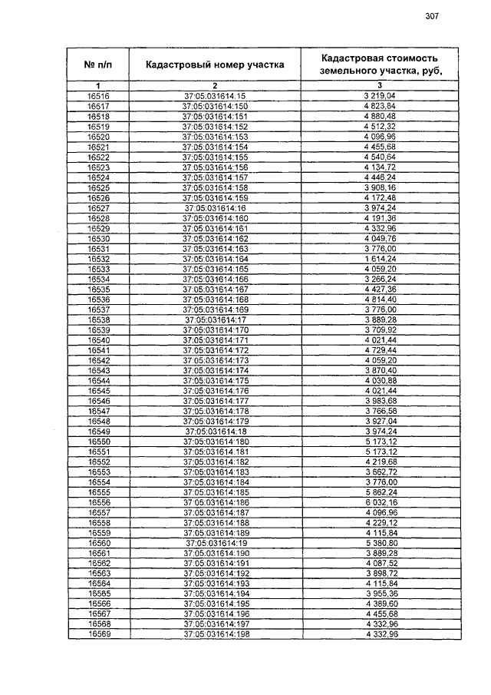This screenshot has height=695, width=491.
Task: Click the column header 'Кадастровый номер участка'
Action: (215, 65)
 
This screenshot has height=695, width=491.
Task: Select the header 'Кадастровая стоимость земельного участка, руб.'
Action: (380, 64)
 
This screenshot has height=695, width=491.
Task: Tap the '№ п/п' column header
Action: (98, 65)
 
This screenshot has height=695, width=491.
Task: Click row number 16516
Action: (98, 95)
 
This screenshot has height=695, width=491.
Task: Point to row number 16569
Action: (98, 634)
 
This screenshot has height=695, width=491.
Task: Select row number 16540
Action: (98, 339)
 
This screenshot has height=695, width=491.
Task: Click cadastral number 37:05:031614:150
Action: (216, 106)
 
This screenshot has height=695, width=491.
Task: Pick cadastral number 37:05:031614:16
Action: (216, 207)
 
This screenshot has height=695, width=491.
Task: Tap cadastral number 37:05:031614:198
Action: (216, 634)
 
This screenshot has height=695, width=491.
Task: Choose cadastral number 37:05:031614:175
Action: (216, 380)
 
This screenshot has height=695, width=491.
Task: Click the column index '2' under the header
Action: (216, 85)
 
